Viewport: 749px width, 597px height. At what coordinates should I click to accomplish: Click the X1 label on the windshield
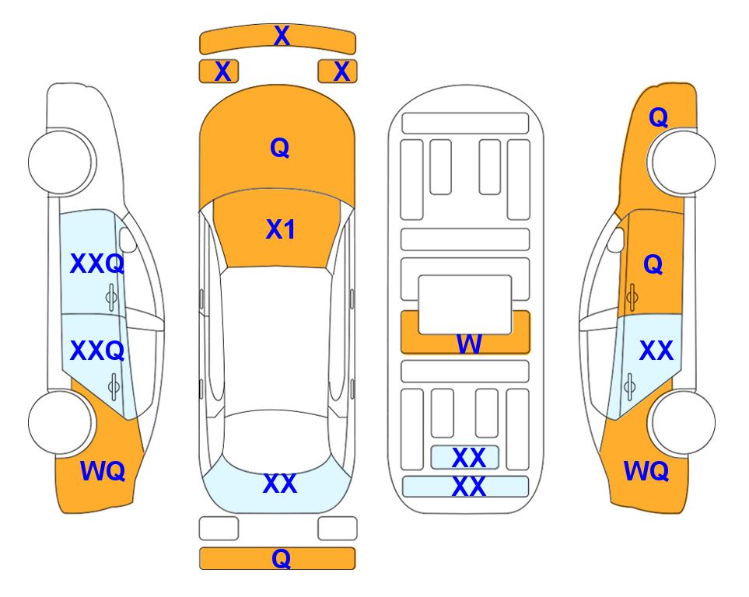pos(281,229)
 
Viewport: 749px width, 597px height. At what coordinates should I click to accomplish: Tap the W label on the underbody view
pos(469,344)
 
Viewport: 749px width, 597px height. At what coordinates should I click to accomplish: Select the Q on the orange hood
pos(280,148)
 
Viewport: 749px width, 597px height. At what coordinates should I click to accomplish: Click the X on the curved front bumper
pos(282,36)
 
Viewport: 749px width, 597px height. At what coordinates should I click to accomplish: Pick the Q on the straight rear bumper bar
pos(282,558)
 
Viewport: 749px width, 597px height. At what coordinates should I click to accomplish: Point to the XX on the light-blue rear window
pos(280,484)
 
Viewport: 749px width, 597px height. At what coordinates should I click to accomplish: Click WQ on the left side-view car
pos(103,471)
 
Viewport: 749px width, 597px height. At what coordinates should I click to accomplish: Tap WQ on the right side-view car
pos(646,471)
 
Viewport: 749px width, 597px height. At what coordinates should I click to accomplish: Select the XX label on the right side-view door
pos(656,351)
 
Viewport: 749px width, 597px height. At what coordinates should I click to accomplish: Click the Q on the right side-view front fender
pos(658,117)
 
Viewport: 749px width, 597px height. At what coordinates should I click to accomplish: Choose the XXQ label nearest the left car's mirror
pos(97,264)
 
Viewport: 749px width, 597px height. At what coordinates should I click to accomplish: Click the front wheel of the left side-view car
pos(61,162)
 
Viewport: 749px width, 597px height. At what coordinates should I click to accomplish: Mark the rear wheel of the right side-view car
pos(682,422)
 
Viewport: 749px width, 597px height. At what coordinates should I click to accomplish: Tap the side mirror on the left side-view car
pos(127,239)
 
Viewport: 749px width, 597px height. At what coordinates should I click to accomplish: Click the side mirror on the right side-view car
pos(616,239)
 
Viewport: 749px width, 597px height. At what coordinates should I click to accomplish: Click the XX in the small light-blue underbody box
pos(469,458)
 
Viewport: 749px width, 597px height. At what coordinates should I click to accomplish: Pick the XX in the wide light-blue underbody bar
pos(469,487)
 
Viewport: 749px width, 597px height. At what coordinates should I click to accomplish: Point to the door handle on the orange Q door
pos(632,297)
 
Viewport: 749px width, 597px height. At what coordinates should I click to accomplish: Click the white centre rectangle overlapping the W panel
pos(465,304)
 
